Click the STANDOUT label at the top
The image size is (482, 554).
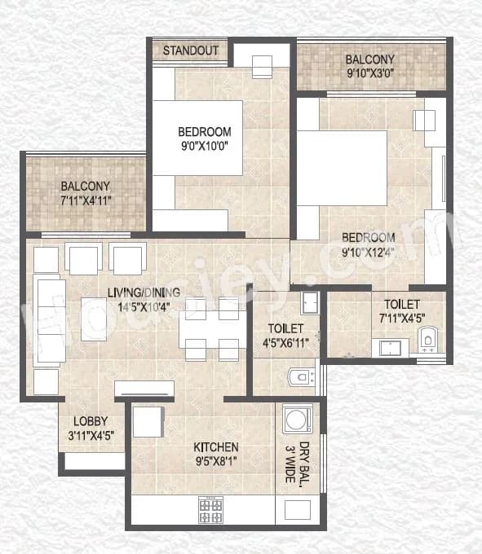pos(190,51)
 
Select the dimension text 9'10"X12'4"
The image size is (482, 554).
pos(368,253)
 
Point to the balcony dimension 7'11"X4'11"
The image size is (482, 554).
pos(86,201)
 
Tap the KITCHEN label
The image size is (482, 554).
pos(215,447)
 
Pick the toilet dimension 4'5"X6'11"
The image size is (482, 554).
pos(285,345)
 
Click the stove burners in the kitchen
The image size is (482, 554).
pos(210,510)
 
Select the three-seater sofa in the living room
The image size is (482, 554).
pos(48,319)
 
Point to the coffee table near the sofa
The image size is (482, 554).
pos(94,319)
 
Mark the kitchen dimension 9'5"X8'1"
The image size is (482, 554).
pos(215,463)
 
